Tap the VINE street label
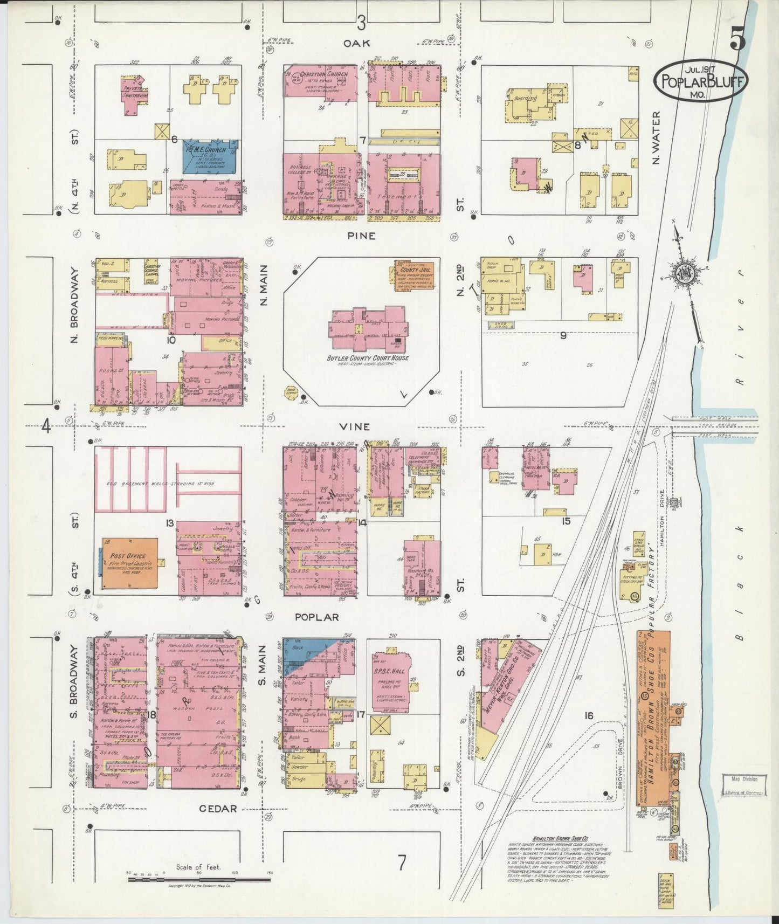(x=355, y=426)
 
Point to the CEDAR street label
(x=218, y=808)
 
